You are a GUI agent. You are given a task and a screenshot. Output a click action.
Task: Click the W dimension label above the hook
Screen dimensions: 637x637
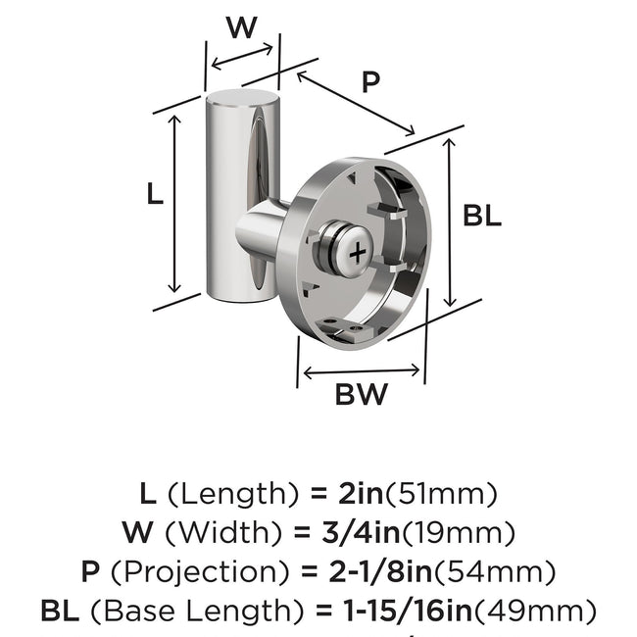tap(242, 27)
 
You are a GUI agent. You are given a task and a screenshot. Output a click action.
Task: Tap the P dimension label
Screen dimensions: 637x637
tap(369, 82)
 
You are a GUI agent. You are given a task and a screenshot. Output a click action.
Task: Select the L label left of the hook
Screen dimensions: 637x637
tap(154, 195)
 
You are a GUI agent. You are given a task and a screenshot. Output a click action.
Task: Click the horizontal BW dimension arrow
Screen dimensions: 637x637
tap(363, 371)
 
